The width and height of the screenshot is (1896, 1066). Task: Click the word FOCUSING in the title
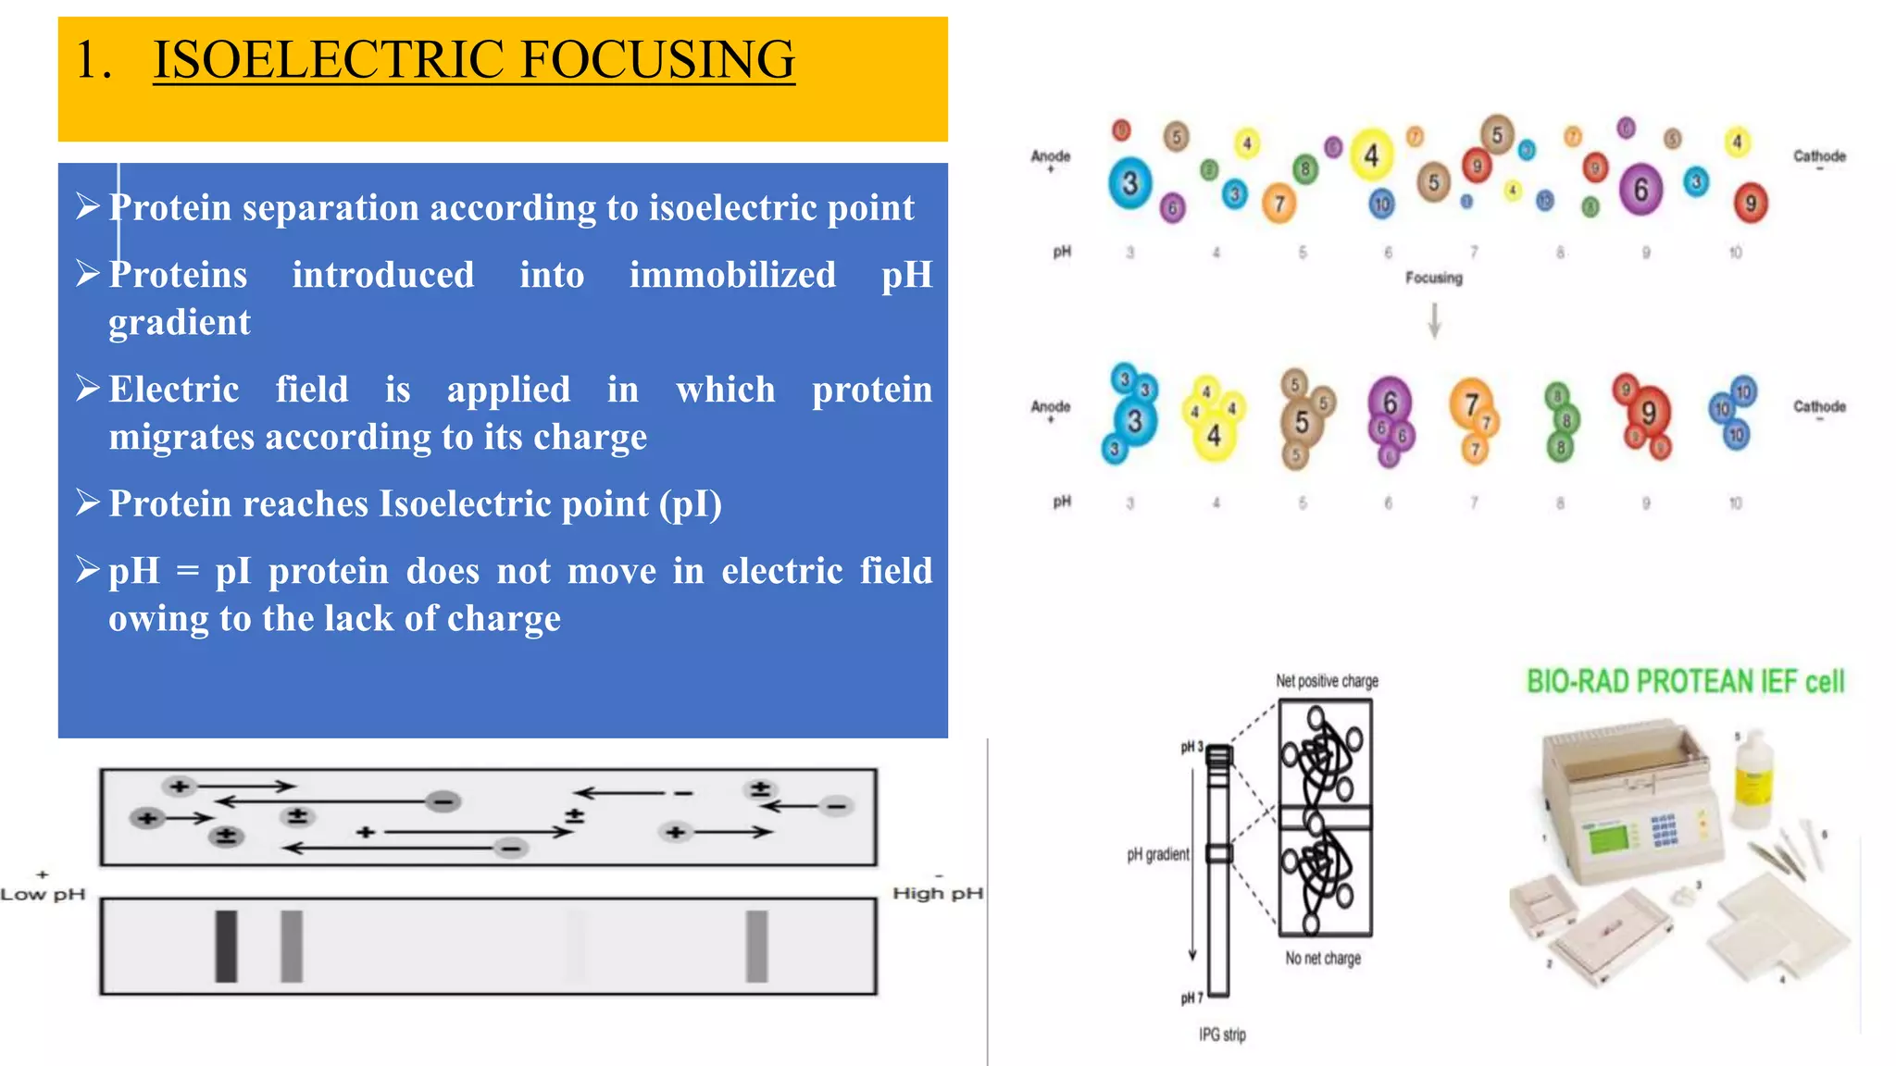(657, 59)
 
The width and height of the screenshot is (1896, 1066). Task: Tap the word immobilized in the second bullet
(732, 275)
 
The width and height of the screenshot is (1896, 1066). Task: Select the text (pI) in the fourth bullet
(691, 503)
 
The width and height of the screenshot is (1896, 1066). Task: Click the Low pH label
(43, 894)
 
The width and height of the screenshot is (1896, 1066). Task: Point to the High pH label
(937, 893)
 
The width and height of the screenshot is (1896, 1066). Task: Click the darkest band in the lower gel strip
(226, 946)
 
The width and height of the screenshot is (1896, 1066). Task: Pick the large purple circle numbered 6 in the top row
(1640, 190)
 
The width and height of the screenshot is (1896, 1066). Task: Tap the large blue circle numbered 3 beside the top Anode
(1129, 183)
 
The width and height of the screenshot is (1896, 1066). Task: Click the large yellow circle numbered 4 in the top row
(1371, 155)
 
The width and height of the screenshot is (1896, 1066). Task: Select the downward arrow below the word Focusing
(1434, 320)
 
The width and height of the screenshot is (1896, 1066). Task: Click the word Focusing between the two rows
(1433, 278)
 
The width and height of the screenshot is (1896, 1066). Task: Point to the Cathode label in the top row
(1819, 156)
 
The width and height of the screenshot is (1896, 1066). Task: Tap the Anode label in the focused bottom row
(1051, 406)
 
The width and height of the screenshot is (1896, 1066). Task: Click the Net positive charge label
(1327, 681)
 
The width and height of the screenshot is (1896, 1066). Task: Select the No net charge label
(1323, 958)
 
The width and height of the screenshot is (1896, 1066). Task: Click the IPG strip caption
(1222, 1035)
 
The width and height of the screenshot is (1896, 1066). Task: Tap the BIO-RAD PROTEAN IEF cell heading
(1685, 682)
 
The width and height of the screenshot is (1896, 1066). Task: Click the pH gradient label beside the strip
(1157, 854)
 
